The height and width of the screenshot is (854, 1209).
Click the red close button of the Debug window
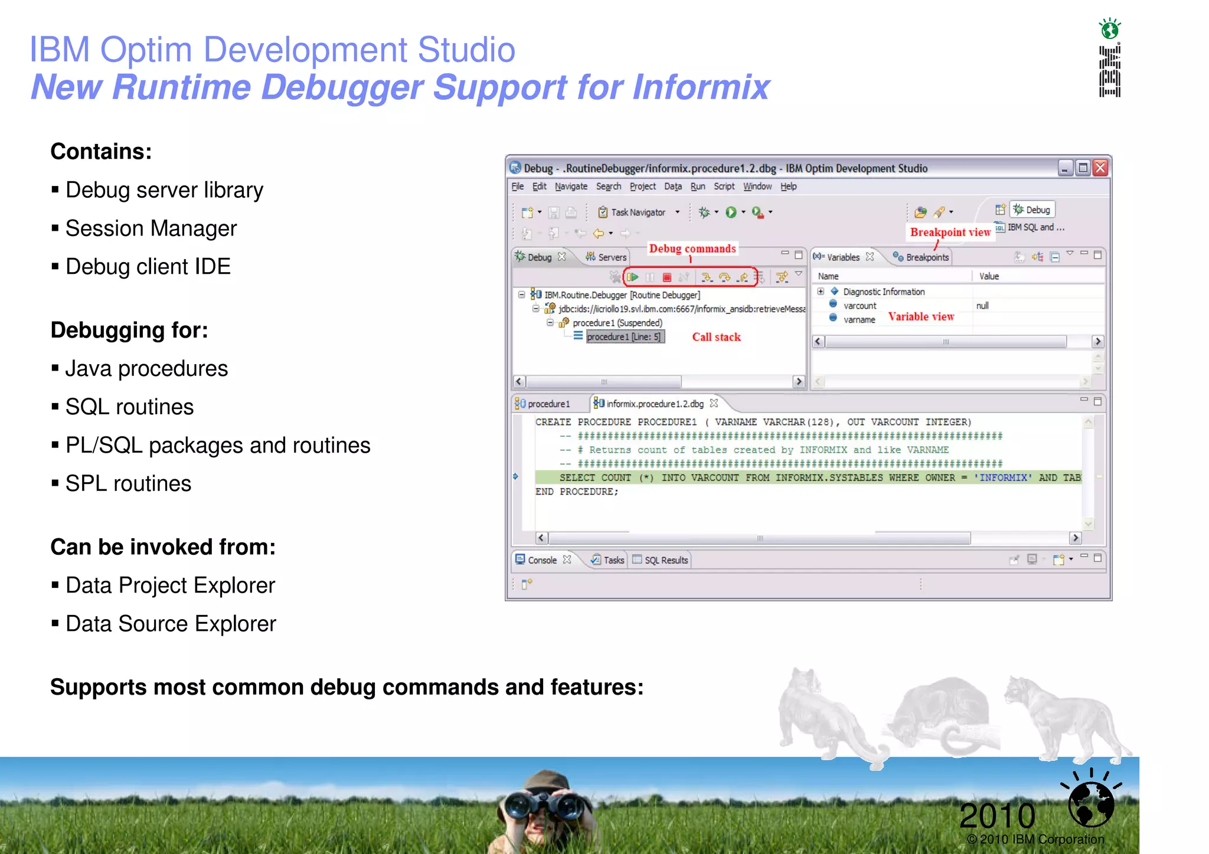point(1100,168)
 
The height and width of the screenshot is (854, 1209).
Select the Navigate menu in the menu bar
point(571,186)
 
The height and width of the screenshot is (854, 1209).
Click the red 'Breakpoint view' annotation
point(950,232)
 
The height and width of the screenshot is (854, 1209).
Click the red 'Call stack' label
point(716,337)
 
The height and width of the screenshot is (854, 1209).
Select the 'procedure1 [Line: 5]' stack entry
point(623,337)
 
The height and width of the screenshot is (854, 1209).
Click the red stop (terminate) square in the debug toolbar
point(667,277)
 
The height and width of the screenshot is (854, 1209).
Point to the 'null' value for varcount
point(982,306)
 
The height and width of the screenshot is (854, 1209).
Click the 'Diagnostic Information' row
point(883,292)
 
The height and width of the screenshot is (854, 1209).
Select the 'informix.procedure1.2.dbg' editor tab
point(654,404)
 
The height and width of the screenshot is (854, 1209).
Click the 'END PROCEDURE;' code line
point(577,492)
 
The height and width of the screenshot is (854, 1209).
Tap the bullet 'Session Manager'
point(151,228)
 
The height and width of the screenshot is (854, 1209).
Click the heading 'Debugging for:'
point(129,330)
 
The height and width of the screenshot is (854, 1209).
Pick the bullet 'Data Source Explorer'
point(171,624)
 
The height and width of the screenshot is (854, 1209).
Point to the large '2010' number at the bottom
point(997,816)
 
